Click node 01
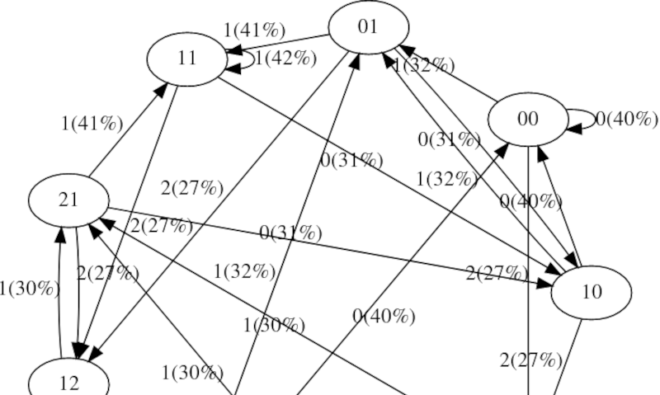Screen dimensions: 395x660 click(x=368, y=27)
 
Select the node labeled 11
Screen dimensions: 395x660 click(x=186, y=59)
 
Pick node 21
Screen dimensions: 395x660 click(x=68, y=200)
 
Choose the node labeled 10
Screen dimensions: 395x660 click(x=591, y=293)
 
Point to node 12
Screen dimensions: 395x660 click(x=69, y=381)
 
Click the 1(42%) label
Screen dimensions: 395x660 click(x=285, y=58)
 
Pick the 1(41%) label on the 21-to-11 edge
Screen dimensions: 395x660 click(x=92, y=125)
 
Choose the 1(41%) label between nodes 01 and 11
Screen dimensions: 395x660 click(x=254, y=31)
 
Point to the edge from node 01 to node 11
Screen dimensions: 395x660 click(x=280, y=44)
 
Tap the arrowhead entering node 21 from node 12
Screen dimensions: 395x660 click(x=59, y=233)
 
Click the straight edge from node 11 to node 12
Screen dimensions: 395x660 click(x=132, y=223)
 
